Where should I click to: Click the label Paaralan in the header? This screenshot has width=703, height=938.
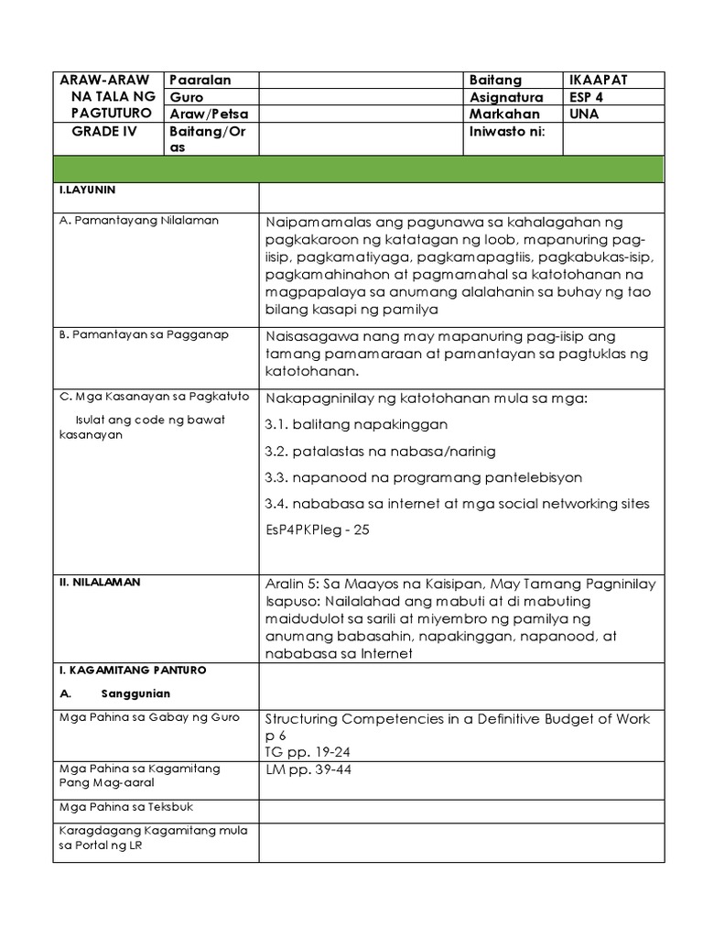click(200, 81)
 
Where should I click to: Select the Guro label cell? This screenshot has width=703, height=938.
click(186, 97)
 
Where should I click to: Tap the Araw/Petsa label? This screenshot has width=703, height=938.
click(208, 115)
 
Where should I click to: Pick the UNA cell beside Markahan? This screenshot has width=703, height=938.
click(583, 115)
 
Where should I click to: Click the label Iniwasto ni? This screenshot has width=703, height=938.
click(507, 131)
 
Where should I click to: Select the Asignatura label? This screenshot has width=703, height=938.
click(506, 97)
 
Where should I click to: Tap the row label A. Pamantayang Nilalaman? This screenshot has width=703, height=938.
click(138, 221)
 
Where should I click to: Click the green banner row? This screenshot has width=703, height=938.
click(358, 169)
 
